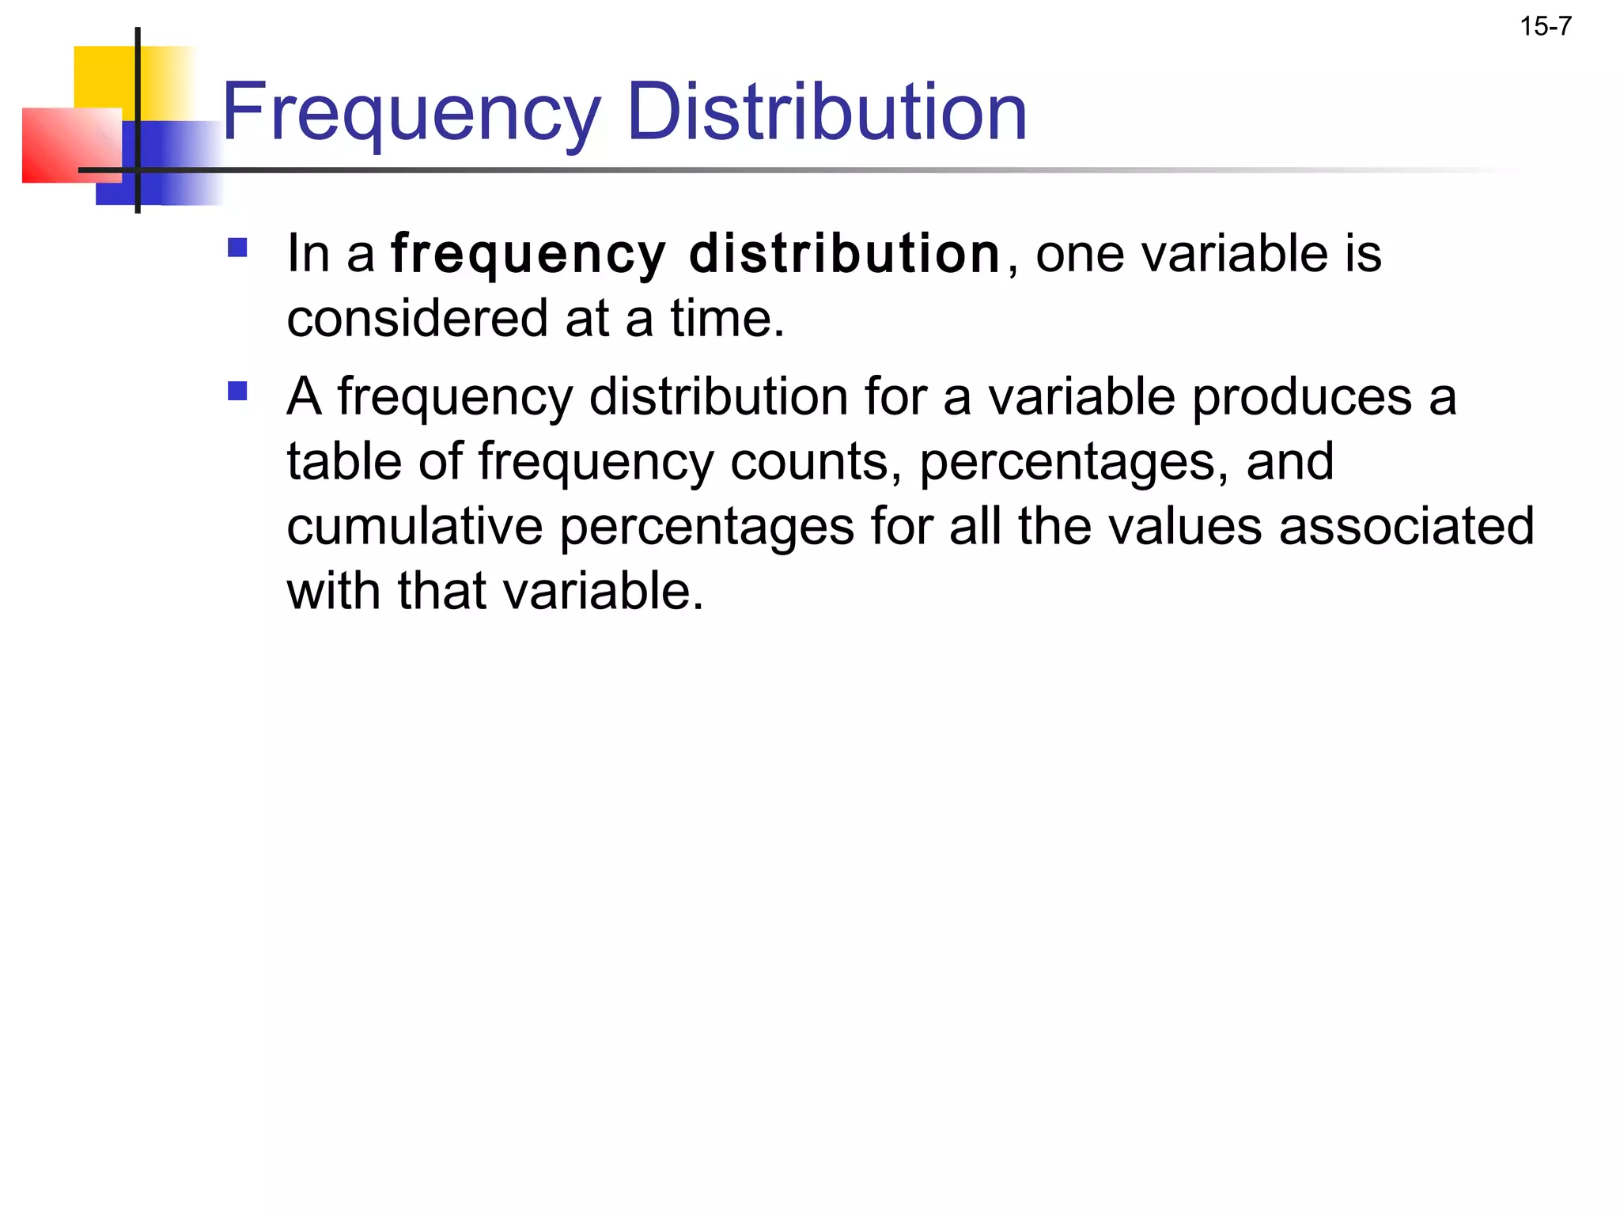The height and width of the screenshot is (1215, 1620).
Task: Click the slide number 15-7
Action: point(1545,27)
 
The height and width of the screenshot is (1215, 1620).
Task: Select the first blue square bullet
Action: point(237,248)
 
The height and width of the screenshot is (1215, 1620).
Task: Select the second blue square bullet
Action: point(237,391)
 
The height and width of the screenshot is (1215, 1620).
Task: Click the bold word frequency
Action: point(528,255)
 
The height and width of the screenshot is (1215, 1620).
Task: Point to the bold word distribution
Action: point(845,254)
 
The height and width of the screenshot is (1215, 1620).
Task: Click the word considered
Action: point(418,318)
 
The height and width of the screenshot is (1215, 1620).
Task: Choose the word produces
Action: point(1301,396)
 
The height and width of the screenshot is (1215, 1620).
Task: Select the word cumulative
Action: point(414,526)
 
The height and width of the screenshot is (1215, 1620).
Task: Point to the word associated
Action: point(1406,526)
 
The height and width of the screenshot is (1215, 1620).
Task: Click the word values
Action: point(1185,526)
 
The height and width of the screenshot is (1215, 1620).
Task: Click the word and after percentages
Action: point(1289,461)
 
